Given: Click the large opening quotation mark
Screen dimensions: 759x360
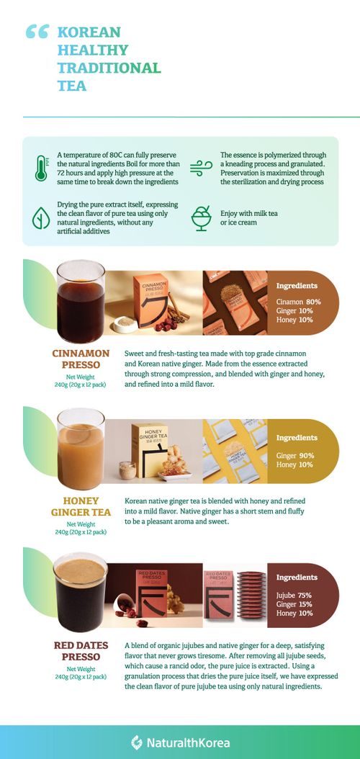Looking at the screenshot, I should (x=37, y=32).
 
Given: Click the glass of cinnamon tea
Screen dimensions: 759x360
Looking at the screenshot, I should (x=80, y=302).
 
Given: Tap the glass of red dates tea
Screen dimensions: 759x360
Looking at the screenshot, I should (x=80, y=590).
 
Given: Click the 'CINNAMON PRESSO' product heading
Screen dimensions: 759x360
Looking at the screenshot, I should (x=81, y=359).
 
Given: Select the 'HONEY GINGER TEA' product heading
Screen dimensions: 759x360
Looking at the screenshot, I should (x=81, y=506).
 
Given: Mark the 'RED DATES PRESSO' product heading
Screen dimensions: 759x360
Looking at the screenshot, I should (x=81, y=651).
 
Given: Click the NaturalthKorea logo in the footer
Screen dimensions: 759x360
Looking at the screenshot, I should (x=181, y=742).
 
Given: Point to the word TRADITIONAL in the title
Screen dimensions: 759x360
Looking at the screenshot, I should (x=109, y=68).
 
